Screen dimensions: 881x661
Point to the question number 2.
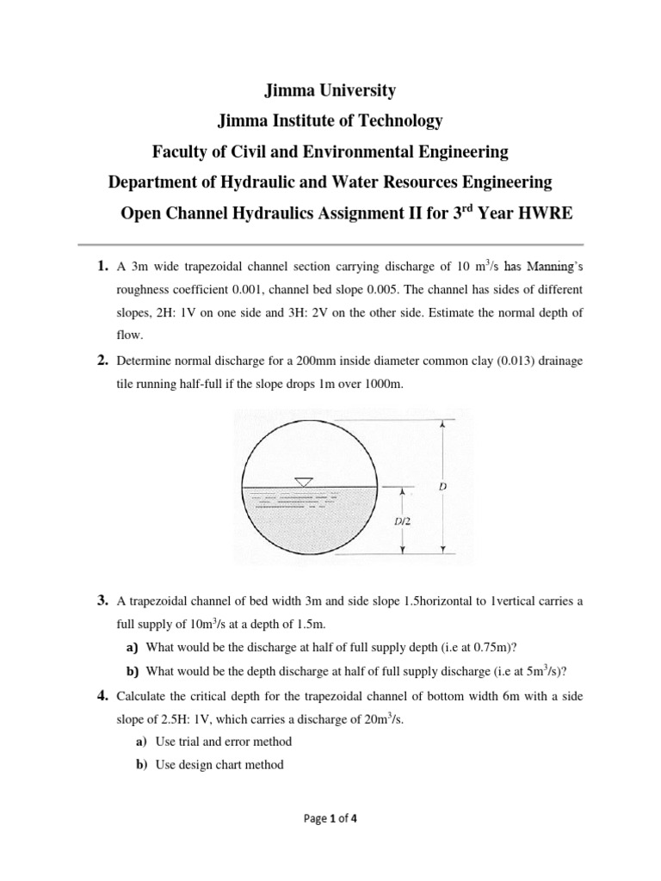coord(101,360)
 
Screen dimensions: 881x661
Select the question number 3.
coord(101,600)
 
